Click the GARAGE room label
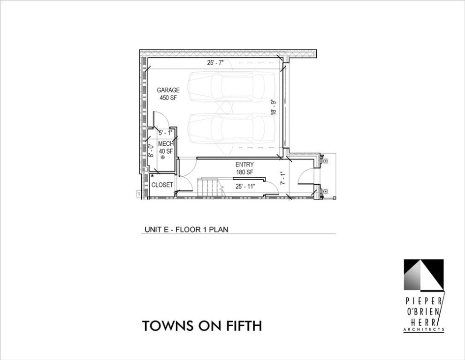[168, 90]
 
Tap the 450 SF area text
[168, 98]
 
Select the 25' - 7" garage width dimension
[215, 63]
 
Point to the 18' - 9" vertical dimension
[274, 107]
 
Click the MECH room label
[166, 144]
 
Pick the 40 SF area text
[166, 151]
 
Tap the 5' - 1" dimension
[165, 133]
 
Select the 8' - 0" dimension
[151, 150]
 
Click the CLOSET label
[162, 185]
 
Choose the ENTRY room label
[244, 165]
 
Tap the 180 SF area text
[244, 172]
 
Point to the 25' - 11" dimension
[245, 187]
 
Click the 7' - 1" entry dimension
[283, 179]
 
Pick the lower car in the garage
[231, 128]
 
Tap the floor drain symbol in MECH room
[162, 157]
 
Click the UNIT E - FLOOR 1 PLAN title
[186, 230]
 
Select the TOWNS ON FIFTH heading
[202, 326]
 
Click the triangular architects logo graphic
[424, 275]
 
